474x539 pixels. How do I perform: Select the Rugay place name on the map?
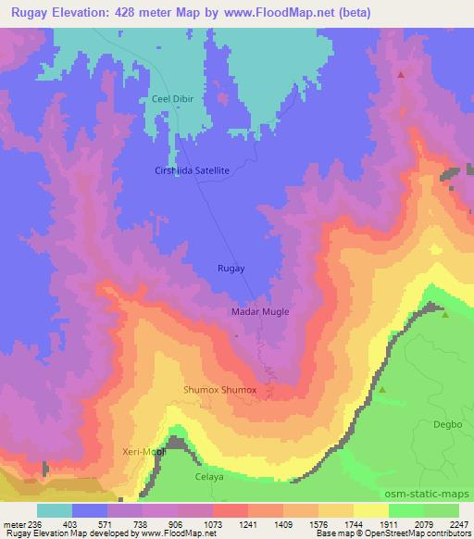coord(231,268)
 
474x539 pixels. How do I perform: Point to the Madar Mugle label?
coord(259,312)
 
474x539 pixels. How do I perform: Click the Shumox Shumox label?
coord(220,390)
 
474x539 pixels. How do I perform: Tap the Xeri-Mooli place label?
coord(143,451)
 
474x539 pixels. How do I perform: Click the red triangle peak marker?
coord(401,74)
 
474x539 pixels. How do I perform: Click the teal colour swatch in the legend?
coord(55,510)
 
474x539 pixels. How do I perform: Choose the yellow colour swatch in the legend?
coord(370,510)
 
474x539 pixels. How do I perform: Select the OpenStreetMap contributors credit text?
coord(420,533)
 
